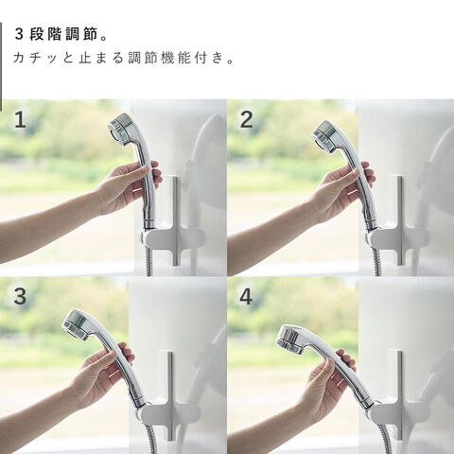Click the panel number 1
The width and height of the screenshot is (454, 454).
coord(20,120)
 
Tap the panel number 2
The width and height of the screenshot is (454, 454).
coord(247,120)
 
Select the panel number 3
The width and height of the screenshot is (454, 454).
coord(20,296)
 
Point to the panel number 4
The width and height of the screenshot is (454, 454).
coord(246,296)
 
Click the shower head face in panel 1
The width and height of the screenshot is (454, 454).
coord(118,129)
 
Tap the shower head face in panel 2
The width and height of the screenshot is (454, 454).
coord(323,136)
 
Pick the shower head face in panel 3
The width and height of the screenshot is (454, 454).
coord(77,324)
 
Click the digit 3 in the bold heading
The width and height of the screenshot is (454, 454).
coord(19,34)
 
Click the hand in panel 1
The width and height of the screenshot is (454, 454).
coord(130,187)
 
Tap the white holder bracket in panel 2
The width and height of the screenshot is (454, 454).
coord(400,234)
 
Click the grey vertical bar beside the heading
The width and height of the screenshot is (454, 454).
coord(1,67)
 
